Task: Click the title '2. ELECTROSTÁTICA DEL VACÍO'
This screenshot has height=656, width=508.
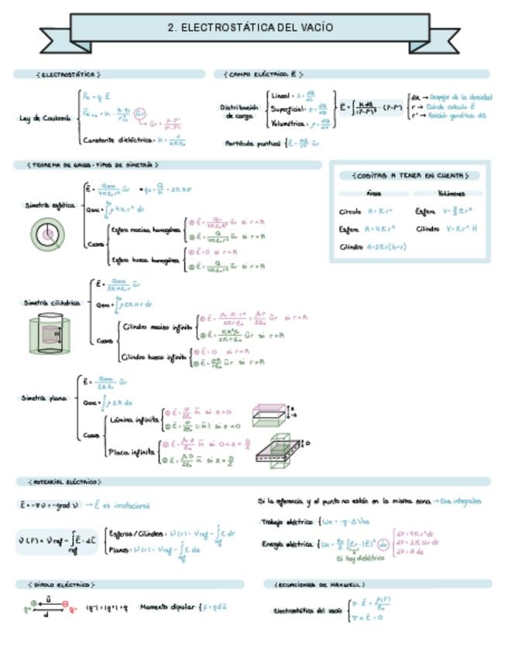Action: tap(251, 28)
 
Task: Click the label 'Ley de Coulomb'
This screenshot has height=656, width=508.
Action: tap(45, 118)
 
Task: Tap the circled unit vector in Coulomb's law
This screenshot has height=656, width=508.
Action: tap(141, 114)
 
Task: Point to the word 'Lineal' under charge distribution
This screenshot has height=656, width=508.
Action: tap(280, 94)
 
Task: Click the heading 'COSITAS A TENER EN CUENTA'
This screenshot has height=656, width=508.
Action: tap(410, 176)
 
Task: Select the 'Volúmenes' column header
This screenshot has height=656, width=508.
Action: tap(451, 193)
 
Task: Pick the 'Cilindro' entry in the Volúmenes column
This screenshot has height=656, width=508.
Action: tap(427, 229)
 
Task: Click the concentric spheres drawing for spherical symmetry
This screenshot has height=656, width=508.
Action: tap(48, 234)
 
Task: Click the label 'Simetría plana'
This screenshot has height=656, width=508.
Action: tap(45, 398)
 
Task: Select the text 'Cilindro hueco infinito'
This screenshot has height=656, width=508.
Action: tap(155, 357)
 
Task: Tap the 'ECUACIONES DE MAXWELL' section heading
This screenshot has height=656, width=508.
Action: tap(320, 584)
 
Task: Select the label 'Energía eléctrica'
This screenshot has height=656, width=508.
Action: tap(287, 545)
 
